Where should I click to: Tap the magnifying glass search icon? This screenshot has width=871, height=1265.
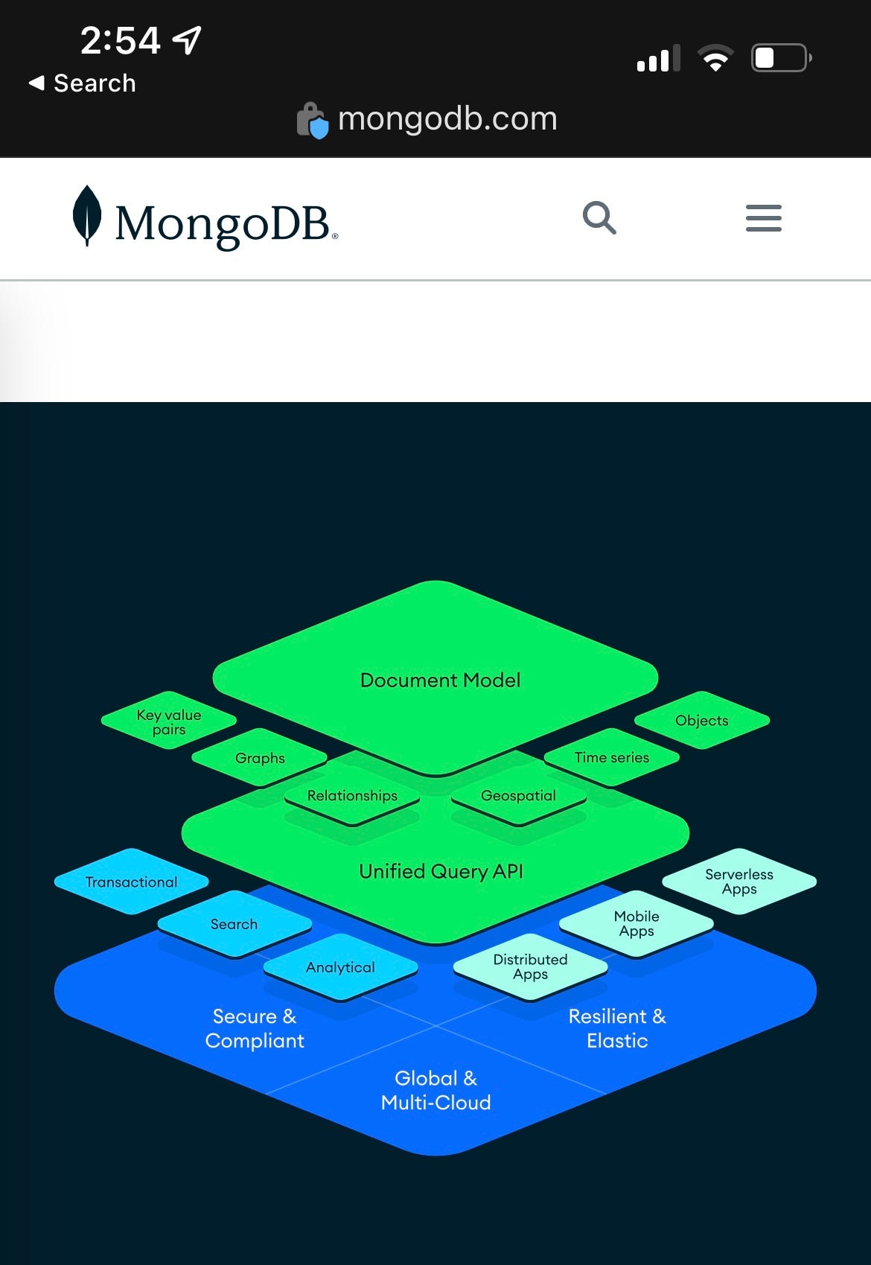tap(599, 218)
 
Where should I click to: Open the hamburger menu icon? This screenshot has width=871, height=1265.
tap(763, 218)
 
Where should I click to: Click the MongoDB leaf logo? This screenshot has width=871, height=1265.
tap(88, 215)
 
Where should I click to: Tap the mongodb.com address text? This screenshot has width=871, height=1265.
tap(447, 119)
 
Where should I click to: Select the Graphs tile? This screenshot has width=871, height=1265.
tap(260, 758)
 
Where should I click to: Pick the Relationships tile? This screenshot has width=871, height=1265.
tap(352, 795)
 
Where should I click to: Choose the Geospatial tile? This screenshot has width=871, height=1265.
tap(518, 795)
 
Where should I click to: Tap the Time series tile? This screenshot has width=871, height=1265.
tap(611, 757)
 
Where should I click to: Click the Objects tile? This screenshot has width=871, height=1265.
tap(701, 720)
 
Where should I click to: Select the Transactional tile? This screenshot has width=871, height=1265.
tap(131, 882)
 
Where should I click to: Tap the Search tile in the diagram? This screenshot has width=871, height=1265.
tap(234, 924)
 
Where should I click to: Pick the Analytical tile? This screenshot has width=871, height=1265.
tap(340, 967)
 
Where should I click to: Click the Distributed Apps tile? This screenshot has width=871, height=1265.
tap(530, 966)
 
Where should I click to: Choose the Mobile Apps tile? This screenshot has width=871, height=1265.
tap(636, 923)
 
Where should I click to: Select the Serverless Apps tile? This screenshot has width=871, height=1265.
tap(739, 881)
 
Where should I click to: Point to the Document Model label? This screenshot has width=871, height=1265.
tap(440, 680)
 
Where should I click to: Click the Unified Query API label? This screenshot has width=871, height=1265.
tap(441, 871)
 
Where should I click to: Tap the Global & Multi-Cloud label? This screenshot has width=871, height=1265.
tap(435, 1090)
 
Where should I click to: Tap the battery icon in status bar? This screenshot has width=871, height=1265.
tap(780, 58)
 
